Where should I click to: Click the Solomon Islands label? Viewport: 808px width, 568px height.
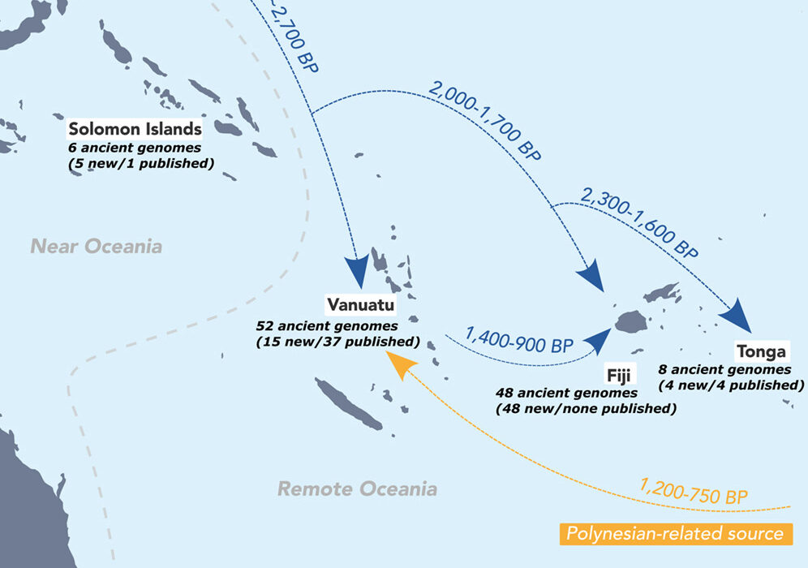[x=135, y=129]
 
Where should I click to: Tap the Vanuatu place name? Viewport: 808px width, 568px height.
[x=361, y=304]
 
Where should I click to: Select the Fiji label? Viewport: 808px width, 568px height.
[x=618, y=375]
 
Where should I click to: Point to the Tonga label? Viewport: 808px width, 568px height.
[x=762, y=351]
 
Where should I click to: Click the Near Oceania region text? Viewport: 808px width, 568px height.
[x=97, y=247]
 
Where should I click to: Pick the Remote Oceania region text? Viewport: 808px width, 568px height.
[x=357, y=488]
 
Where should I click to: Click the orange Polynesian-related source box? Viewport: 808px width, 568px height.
[x=676, y=533]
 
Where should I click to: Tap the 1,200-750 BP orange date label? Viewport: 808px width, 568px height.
[x=693, y=492]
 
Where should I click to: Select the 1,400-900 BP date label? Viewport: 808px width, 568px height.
[x=519, y=340]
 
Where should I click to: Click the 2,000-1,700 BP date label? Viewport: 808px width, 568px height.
[x=484, y=121]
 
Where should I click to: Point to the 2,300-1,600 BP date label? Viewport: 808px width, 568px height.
[x=639, y=222]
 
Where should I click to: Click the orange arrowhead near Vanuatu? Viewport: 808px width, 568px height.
[x=401, y=364]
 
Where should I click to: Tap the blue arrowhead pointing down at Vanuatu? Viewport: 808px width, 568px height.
[x=357, y=269]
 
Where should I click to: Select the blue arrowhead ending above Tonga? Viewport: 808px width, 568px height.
[x=737, y=315]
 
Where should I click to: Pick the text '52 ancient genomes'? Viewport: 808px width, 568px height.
[x=327, y=326]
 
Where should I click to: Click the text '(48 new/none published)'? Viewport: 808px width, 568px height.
[x=586, y=409]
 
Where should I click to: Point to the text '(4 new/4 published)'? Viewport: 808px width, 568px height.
[x=731, y=385]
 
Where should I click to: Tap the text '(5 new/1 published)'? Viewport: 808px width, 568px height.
[x=141, y=163]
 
